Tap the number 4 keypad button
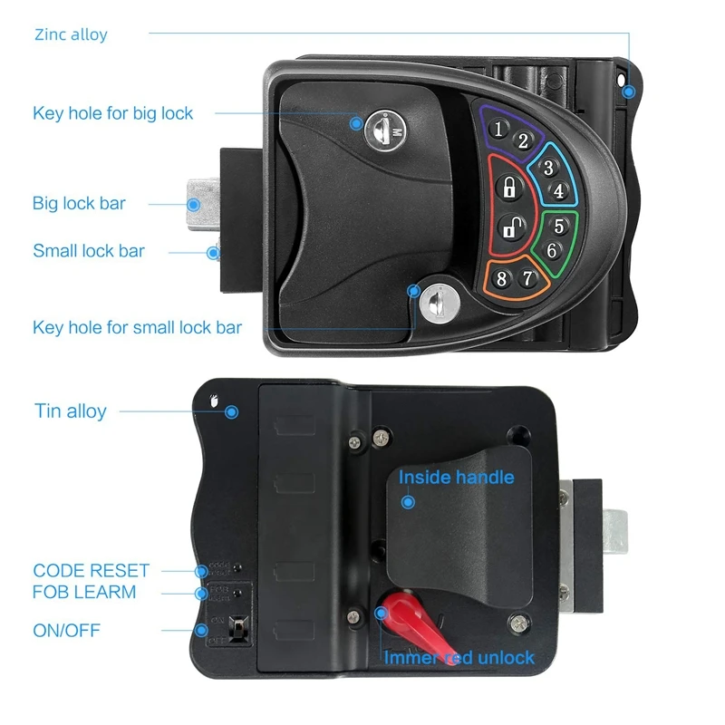coord(559,191)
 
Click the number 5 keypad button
coord(559,226)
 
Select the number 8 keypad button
coord(501,279)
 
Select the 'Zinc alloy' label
coord(71,34)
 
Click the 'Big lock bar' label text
coord(79,203)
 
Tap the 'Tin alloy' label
coord(71,411)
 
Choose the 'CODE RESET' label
coord(91,571)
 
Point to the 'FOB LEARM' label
coord(84,592)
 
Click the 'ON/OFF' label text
coord(67,629)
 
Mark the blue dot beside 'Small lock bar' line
coord(213,253)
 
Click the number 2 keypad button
coord(523,141)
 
